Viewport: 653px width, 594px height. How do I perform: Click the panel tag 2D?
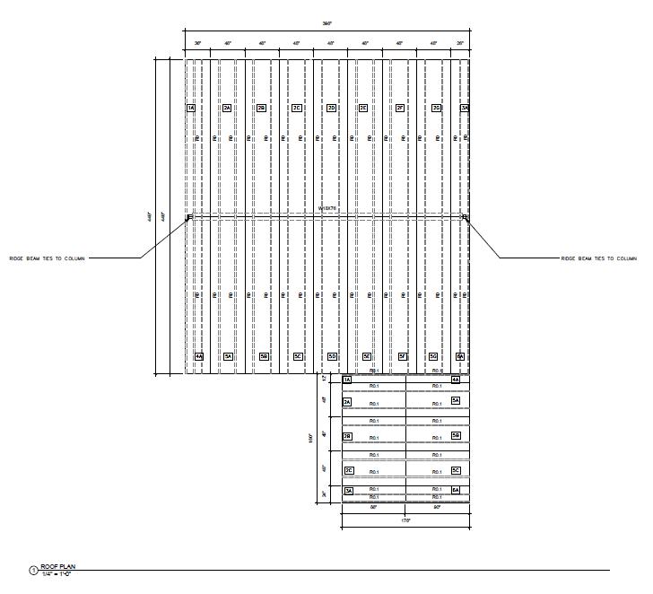331,108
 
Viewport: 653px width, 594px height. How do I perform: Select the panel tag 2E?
363,108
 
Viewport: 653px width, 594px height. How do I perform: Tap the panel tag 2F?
400,108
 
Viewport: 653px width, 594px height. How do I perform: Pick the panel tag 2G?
436,108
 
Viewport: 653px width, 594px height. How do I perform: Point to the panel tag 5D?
332,356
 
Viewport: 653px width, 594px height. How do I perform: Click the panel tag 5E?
367,356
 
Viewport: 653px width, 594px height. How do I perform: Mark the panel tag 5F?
403,356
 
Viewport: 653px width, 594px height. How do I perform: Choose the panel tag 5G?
433,356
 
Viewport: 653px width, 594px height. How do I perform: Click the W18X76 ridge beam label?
327,208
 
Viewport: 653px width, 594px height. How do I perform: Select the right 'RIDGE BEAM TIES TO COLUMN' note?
598,258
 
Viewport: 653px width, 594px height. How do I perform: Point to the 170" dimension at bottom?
405,520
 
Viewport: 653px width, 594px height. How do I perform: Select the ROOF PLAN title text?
55,566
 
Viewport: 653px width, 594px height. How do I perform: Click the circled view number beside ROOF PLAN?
34,570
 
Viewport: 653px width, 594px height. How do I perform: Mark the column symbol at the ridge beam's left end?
188,216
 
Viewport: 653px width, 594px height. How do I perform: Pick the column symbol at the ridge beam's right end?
465,216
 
